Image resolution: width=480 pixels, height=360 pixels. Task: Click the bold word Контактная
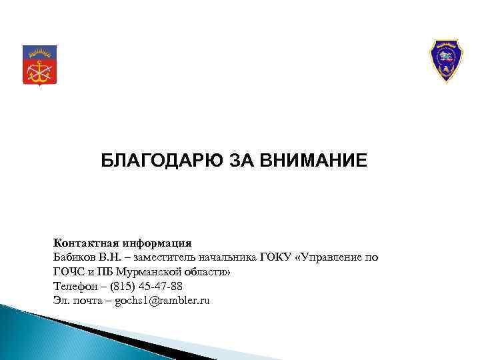(81, 243)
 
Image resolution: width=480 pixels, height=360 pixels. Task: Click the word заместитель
(167, 257)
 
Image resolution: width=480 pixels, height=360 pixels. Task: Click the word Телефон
(73, 287)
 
